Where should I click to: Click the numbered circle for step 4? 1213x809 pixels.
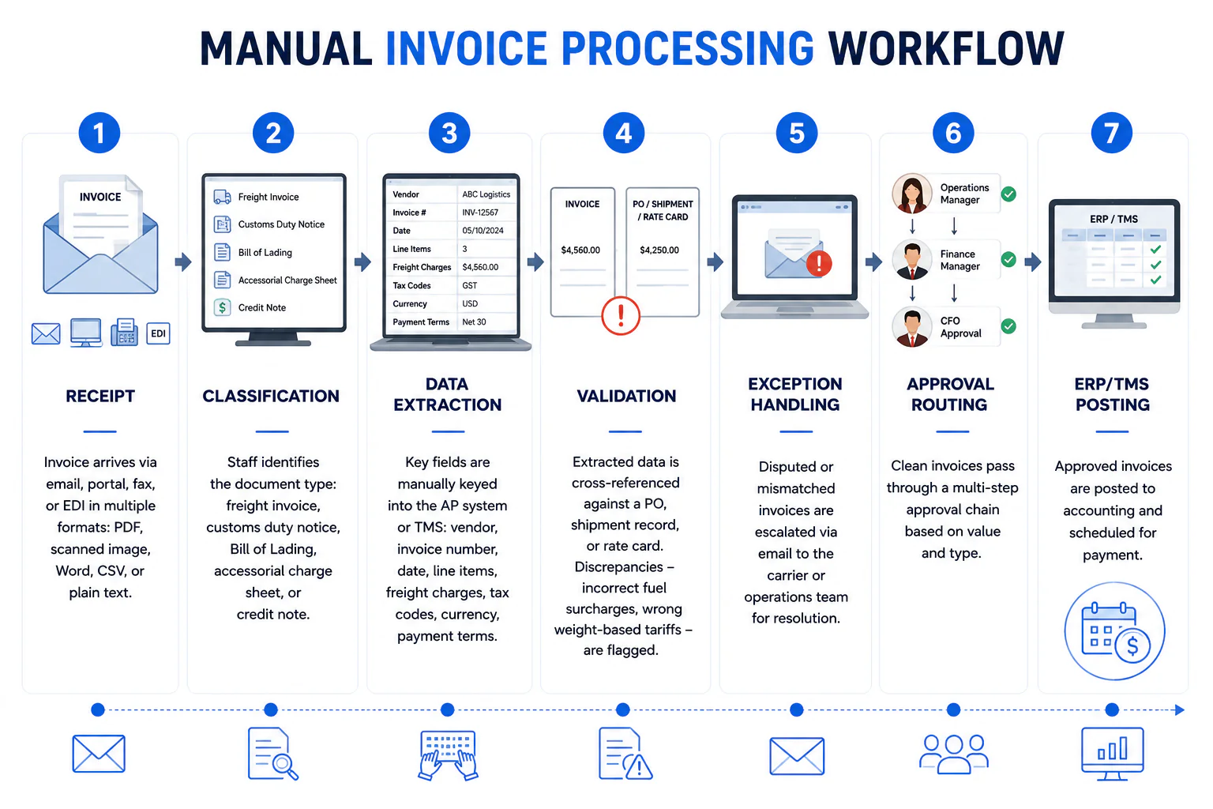pos(623,134)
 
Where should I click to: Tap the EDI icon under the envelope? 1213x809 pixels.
pos(158,333)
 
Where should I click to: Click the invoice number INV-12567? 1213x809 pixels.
pos(480,213)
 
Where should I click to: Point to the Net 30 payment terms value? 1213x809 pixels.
pos(474,322)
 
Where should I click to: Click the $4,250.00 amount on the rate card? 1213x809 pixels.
pos(659,250)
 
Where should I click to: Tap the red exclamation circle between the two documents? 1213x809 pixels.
pos(621,315)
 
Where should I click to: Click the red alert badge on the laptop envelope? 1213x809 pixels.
pos(819,264)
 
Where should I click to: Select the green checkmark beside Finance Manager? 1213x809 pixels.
pos(1008,260)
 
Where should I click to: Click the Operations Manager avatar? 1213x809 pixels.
pos(912,194)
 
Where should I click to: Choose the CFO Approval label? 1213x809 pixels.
pos(960,327)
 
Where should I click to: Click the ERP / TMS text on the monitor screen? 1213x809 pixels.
pos(1113,219)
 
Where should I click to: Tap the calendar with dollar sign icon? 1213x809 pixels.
pos(1114,631)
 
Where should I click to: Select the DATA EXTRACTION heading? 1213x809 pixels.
pos(447,394)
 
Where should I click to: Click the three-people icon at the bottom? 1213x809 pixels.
pos(954,754)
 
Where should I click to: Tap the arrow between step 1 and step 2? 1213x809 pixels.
pos(183,262)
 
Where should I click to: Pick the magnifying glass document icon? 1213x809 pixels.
pos(272,754)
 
